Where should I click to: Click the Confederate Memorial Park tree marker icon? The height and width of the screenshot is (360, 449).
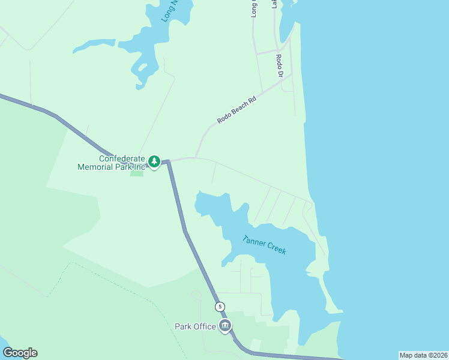click(x=154, y=161)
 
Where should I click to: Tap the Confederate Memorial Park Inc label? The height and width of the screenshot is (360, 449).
click(x=112, y=163)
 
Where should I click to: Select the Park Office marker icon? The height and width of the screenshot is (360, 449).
click(x=225, y=326)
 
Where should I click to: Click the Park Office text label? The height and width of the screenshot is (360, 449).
click(x=194, y=326)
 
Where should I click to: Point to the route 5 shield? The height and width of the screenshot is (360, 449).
click(x=220, y=307)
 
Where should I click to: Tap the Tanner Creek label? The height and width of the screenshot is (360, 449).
click(x=264, y=245)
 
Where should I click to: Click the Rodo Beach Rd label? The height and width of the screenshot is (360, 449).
click(x=237, y=110)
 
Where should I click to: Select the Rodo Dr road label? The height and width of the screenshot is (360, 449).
click(x=279, y=66)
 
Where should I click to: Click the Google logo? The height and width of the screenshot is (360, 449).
click(x=20, y=353)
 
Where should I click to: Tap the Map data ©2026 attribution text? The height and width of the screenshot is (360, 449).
click(x=423, y=355)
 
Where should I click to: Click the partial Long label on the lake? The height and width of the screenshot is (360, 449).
click(x=170, y=11)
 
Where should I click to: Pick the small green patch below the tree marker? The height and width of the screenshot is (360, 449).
click(x=137, y=173)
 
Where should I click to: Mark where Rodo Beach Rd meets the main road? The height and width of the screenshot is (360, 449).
click(x=195, y=158)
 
